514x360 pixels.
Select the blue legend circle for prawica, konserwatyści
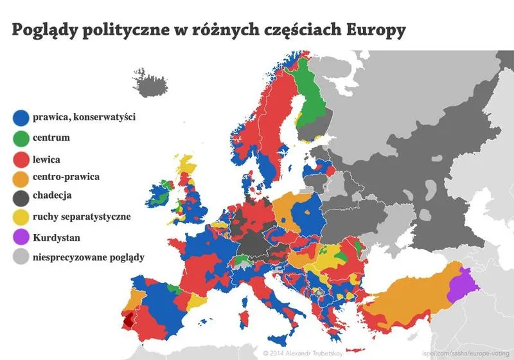pos(21,117)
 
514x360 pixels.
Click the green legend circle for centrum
pos(21,137)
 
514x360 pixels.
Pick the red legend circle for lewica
pos(21,157)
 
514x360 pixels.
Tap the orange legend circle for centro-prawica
pos(21,177)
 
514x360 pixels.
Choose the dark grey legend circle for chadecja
pos(21,197)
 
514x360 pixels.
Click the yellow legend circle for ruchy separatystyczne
pos(21,217)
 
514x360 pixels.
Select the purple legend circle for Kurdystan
pos(21,237)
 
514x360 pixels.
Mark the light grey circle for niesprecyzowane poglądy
pos(21,258)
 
